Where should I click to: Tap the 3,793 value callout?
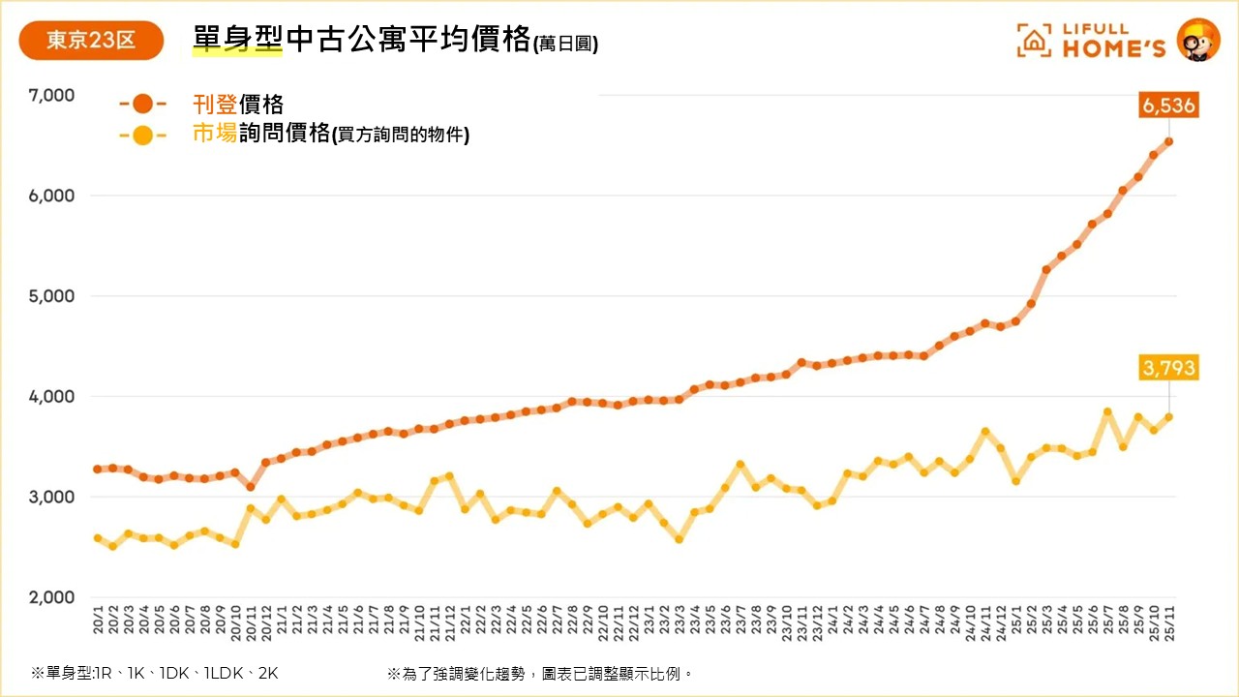click(1168, 368)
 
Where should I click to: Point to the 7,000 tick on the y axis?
click(53, 95)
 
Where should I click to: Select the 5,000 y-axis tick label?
click(53, 296)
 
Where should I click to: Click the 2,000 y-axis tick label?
click(53, 597)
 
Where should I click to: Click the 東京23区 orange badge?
click(91, 41)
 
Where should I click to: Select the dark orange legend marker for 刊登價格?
click(142, 105)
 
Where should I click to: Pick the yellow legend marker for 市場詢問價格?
click(142, 136)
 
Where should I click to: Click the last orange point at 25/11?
click(1168, 142)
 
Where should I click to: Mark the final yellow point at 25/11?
click(1168, 417)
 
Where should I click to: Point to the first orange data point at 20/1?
click(98, 470)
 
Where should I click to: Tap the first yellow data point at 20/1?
click(98, 538)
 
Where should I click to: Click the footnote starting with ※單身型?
click(155, 673)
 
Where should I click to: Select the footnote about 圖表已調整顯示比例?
click(540, 673)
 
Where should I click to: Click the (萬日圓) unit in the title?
click(565, 45)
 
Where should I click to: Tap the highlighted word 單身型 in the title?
click(237, 39)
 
